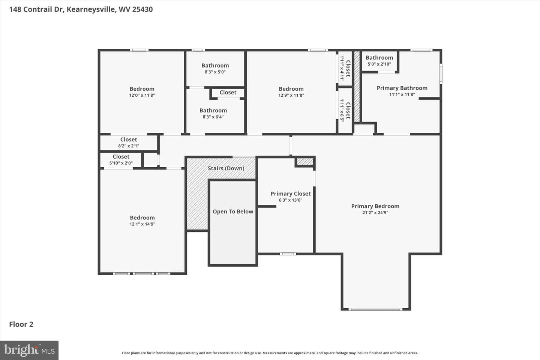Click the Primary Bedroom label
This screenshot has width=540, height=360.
[x=375, y=206]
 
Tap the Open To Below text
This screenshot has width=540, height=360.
[x=233, y=211]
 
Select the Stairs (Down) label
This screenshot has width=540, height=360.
[x=226, y=168]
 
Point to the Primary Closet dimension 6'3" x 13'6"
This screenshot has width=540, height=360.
[x=291, y=200]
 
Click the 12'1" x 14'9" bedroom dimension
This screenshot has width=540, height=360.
[x=142, y=224]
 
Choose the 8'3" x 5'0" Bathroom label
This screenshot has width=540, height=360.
[x=215, y=66]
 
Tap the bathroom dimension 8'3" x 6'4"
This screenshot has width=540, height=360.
[x=213, y=117]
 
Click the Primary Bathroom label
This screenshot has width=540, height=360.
[x=402, y=88]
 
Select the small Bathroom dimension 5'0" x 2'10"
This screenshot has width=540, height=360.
[x=379, y=64]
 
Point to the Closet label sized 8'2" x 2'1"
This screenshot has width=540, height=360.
[x=129, y=139]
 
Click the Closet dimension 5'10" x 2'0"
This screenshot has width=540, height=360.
[x=121, y=163]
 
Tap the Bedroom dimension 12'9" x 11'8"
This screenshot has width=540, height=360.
[x=291, y=95]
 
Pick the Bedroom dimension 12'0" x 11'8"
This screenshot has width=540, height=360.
[x=142, y=95]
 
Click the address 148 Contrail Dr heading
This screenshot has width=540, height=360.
[x=81, y=9]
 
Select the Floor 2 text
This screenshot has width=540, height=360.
[x=21, y=324]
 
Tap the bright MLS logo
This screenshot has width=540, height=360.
[x=29, y=350]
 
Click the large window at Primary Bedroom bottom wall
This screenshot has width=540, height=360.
[x=375, y=309]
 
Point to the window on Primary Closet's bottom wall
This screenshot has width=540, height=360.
[x=288, y=254]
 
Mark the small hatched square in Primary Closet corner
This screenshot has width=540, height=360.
[x=305, y=162]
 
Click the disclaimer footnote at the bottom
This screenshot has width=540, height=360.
[x=270, y=353]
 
